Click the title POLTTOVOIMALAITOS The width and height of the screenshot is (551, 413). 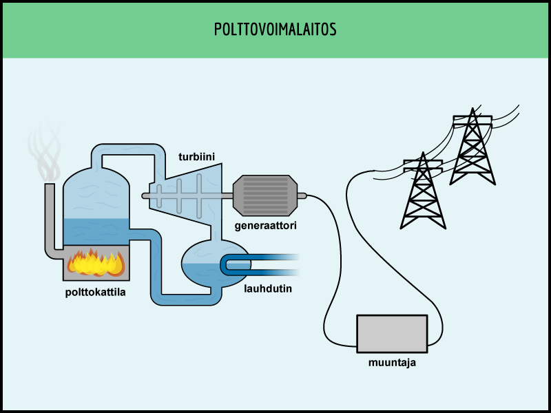pos(275,30)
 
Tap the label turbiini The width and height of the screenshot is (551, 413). pos(197,157)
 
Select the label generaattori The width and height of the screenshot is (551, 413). pos(265,224)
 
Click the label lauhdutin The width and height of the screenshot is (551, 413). pos(268,288)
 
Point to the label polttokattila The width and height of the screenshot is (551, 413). pos(96,292)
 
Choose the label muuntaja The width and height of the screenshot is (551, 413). pos(392,362)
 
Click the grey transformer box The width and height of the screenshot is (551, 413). pos(392,333)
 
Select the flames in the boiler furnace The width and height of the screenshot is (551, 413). pos(96,263)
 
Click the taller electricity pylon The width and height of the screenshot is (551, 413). pos(472,148)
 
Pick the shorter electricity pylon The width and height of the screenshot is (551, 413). pos(423,193)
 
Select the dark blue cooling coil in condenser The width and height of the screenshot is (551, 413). pos(255,264)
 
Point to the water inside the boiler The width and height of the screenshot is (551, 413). pos(96,232)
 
